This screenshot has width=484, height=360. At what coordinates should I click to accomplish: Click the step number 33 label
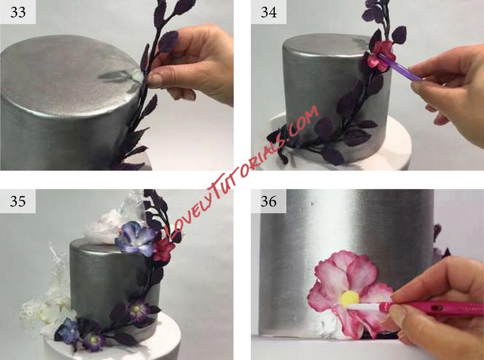point(18,12)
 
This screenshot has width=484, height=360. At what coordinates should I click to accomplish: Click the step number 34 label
point(269,12)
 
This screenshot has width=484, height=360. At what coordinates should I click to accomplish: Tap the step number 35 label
point(18,201)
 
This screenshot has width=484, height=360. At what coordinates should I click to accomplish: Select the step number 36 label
point(269,201)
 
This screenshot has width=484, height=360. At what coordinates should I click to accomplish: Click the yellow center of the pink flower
point(350,298)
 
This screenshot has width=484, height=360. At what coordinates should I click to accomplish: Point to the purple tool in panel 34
point(400,67)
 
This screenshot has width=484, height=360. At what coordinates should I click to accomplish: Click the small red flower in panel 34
point(381,55)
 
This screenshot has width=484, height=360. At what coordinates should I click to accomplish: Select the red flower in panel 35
point(163,249)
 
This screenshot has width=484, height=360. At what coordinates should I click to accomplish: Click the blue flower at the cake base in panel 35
point(69,331)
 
